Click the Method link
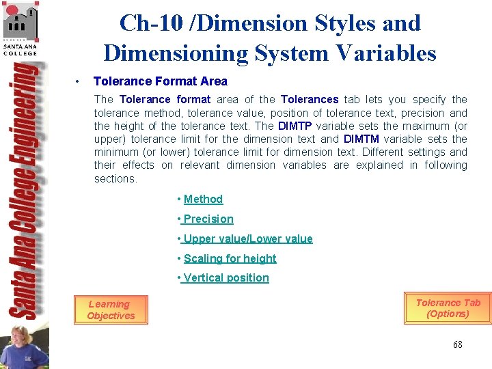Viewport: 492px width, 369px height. click(203, 199)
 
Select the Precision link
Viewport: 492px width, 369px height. click(208, 219)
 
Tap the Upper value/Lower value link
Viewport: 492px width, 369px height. click(247, 238)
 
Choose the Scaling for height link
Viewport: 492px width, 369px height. click(230, 258)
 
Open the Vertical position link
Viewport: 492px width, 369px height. click(225, 277)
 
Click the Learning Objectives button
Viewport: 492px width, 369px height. click(111, 310)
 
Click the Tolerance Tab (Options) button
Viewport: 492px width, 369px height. click(448, 308)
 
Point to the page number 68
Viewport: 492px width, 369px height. click(457, 344)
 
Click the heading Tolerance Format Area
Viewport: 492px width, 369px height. click(160, 81)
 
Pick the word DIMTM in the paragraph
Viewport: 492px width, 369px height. click(361, 139)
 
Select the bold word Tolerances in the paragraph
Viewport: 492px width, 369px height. click(310, 100)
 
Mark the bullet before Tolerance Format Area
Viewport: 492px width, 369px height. click(80, 82)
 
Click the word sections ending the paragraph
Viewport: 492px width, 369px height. click(115, 178)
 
